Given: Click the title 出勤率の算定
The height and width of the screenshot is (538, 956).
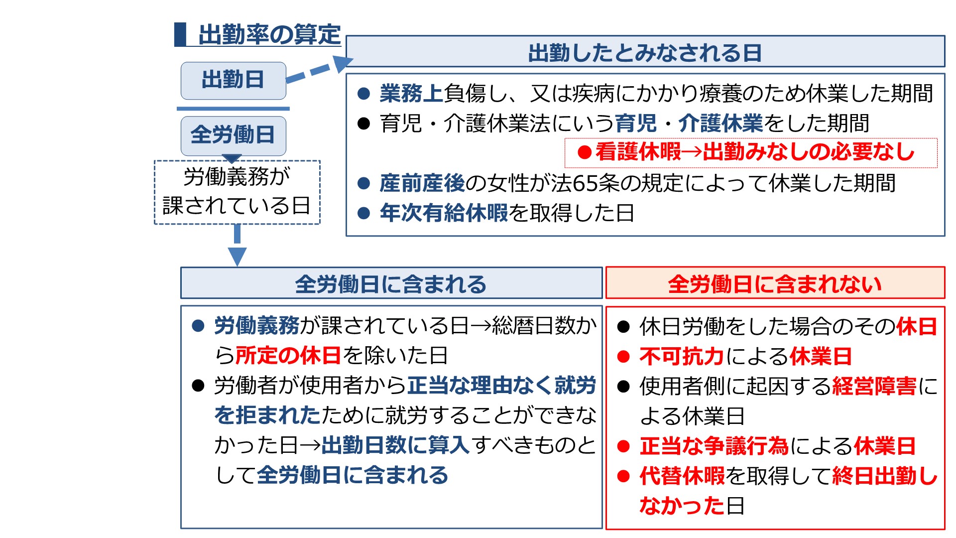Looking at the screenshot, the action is click(x=269, y=35).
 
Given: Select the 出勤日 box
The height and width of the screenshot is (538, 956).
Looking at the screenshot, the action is click(x=233, y=80).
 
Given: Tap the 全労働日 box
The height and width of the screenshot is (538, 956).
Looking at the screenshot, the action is click(x=233, y=135).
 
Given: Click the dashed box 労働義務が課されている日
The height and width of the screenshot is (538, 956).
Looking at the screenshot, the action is click(x=237, y=192).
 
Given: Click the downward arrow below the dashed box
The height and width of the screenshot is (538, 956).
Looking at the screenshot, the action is click(x=237, y=245).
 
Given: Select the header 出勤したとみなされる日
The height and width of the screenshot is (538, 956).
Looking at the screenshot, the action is click(x=645, y=51).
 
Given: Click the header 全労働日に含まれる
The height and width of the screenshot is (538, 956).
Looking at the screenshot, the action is click(x=391, y=283).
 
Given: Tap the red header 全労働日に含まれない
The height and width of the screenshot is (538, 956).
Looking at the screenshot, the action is click(x=775, y=283).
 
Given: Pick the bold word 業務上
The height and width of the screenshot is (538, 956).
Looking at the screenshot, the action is click(x=411, y=93).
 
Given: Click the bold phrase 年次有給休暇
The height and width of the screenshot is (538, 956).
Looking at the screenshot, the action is click(x=444, y=213).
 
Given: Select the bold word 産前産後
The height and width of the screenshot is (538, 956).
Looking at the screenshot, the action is click(x=422, y=183).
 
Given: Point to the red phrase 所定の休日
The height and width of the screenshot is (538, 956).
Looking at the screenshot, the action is click(x=288, y=355).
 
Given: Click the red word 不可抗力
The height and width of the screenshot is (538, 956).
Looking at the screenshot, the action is click(x=682, y=356).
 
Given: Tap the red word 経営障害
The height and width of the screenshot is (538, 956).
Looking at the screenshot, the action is click(x=874, y=386).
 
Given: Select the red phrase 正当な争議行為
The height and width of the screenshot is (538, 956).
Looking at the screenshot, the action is click(x=714, y=446).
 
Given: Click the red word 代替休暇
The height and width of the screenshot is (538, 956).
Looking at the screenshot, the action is click(x=682, y=476).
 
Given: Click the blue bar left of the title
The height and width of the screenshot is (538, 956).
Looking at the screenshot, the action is click(x=180, y=34).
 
